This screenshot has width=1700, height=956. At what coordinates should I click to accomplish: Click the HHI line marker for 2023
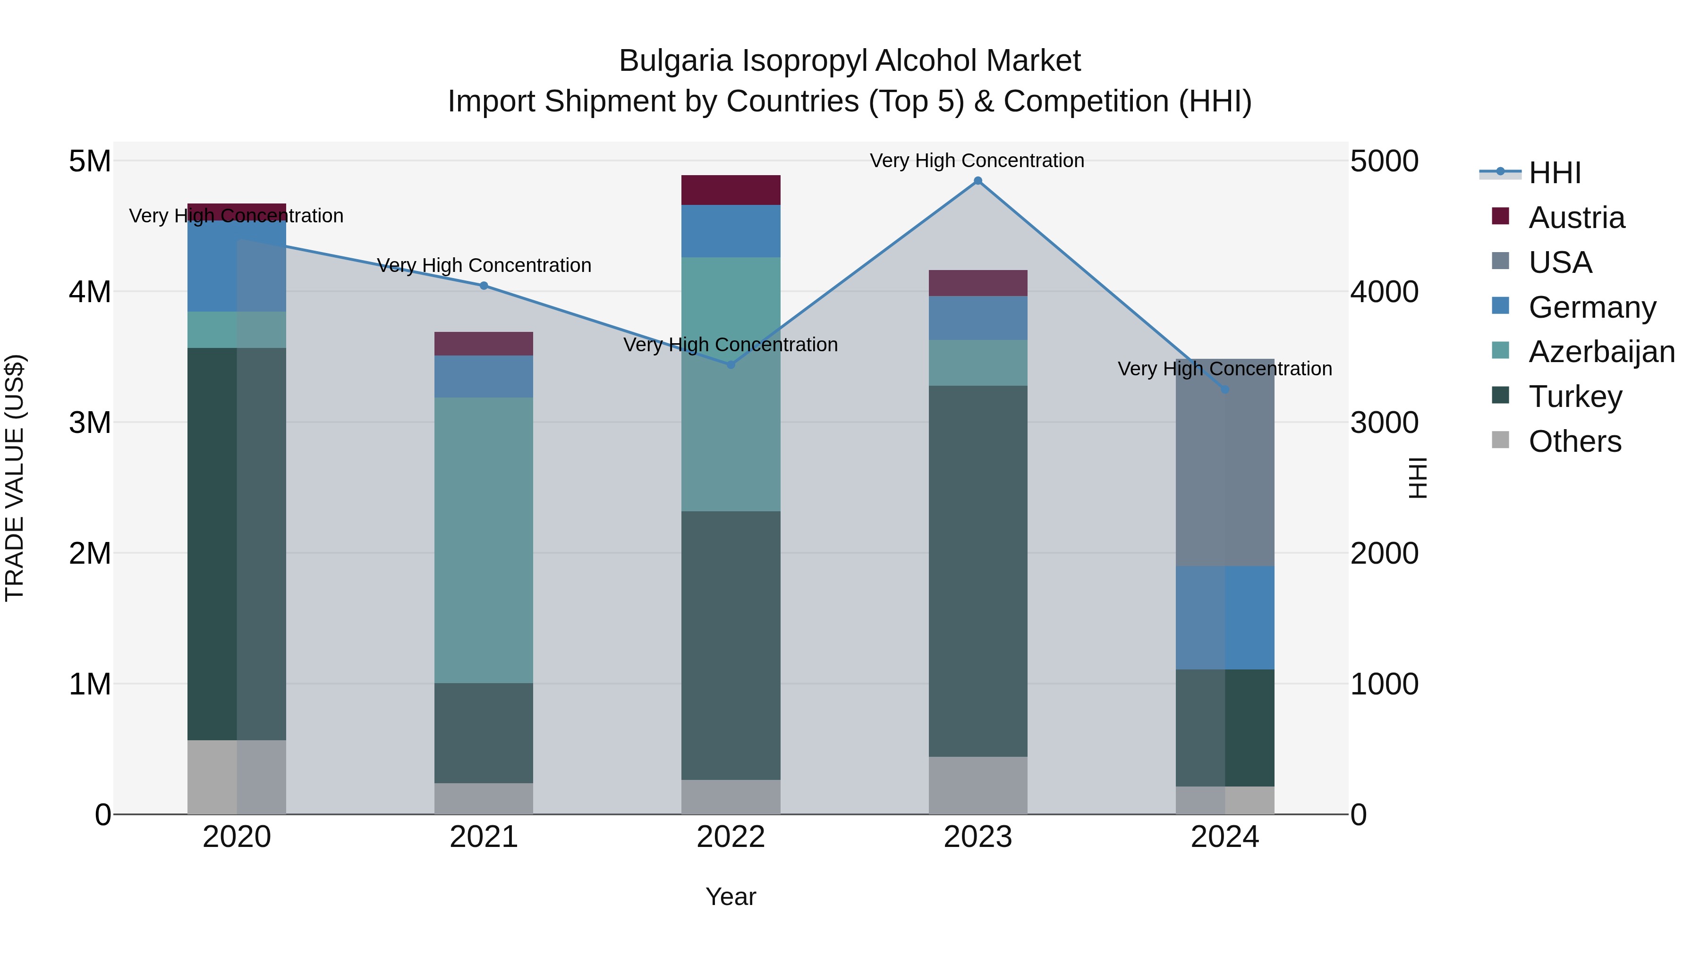[x=977, y=181]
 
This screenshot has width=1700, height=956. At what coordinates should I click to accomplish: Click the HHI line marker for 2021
[x=484, y=286]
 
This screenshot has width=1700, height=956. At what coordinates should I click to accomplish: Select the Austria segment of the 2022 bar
[x=731, y=190]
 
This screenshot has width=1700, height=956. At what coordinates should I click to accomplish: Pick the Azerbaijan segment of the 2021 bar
[x=484, y=540]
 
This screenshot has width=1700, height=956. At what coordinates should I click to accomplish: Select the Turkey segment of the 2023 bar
[x=977, y=571]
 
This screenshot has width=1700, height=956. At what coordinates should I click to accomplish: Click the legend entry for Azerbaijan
[x=1601, y=352]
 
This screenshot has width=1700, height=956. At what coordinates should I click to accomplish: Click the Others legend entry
[x=1574, y=441]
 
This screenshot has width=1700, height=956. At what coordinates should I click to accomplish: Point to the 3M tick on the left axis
[x=90, y=422]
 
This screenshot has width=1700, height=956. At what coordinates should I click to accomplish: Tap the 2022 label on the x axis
[x=731, y=837]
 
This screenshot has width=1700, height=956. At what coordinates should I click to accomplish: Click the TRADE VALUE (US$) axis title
[x=15, y=478]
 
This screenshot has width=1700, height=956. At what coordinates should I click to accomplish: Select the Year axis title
[x=731, y=897]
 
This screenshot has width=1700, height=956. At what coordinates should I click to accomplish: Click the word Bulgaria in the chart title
[x=676, y=61]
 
